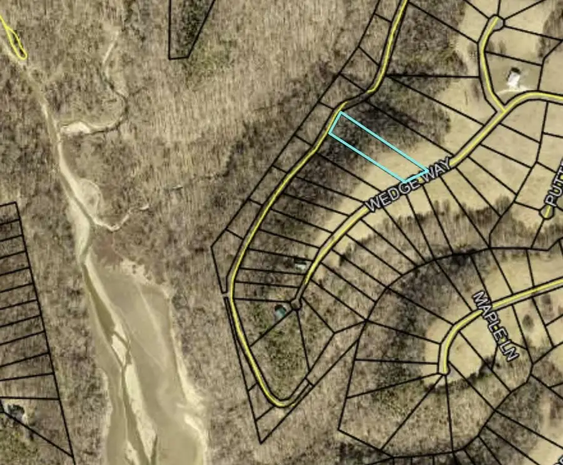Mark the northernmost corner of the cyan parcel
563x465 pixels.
tap(340, 113)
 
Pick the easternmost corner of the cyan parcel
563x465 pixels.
tap(429, 170)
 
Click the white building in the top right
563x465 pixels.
tap(514, 79)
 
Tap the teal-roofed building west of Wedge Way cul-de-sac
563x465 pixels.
tap(280, 311)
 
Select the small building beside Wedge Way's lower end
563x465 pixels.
tap(300, 265)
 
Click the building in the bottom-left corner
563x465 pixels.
tap(14, 411)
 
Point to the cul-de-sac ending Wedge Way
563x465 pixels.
tap(295, 305)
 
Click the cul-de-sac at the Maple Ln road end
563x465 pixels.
tap(444, 369)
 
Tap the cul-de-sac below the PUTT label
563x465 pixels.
tap(546, 213)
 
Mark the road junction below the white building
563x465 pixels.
tap(503, 111)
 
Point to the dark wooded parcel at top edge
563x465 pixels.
tap(191, 28)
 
